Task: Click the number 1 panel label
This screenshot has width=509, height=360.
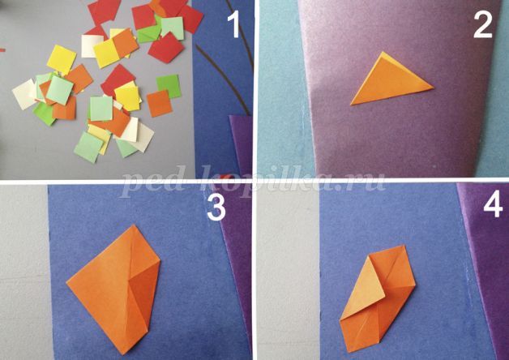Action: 233,26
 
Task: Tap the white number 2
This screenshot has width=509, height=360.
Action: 483,26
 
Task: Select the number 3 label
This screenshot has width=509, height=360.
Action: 216,208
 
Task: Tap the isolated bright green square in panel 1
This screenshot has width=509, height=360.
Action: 169,86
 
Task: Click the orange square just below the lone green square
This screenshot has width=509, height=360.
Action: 159,103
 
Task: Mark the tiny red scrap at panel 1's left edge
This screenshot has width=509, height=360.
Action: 2,50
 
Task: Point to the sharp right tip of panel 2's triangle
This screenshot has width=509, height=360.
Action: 434,88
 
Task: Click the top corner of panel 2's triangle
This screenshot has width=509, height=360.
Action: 383,52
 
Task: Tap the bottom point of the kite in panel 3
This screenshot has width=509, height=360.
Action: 123,354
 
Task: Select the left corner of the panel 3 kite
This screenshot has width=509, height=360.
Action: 67,283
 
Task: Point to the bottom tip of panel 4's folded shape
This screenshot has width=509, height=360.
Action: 349,352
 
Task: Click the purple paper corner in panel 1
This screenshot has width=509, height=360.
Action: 241,143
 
